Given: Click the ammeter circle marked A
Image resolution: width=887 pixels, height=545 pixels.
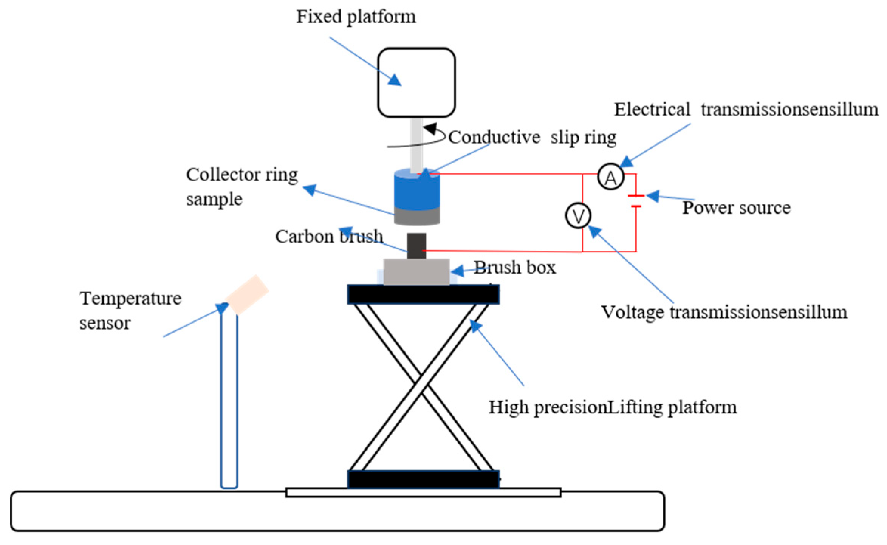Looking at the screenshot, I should [x=610, y=177].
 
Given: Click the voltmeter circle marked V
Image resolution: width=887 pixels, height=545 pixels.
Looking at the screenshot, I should [x=578, y=216].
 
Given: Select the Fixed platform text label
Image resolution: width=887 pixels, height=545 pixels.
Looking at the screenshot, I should [x=356, y=17].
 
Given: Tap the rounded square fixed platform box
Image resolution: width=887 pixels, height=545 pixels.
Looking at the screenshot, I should [x=416, y=82].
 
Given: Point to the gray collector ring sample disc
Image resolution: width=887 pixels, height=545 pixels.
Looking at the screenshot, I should [x=417, y=216].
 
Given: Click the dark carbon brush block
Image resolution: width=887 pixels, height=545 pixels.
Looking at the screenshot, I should [x=416, y=246].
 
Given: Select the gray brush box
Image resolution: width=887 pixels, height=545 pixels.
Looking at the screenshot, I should [x=416, y=271].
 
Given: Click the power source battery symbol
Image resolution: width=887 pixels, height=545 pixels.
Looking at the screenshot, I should [x=636, y=201].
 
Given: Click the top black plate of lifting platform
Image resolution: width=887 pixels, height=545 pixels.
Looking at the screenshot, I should [x=423, y=294].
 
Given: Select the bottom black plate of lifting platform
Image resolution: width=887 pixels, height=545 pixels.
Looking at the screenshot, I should [x=423, y=479].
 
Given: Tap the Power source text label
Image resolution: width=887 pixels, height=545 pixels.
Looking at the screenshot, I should [x=736, y=208].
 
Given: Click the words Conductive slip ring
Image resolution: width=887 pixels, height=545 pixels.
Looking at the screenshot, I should [x=532, y=137].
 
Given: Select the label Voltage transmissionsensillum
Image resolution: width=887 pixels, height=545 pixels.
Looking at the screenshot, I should [x=724, y=313].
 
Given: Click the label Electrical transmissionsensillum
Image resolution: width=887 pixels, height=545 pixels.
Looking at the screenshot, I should [x=746, y=110].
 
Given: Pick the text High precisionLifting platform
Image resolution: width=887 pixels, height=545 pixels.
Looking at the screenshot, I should [x=613, y=407].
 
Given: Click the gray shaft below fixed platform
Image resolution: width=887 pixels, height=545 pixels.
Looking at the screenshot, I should [x=416, y=144].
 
